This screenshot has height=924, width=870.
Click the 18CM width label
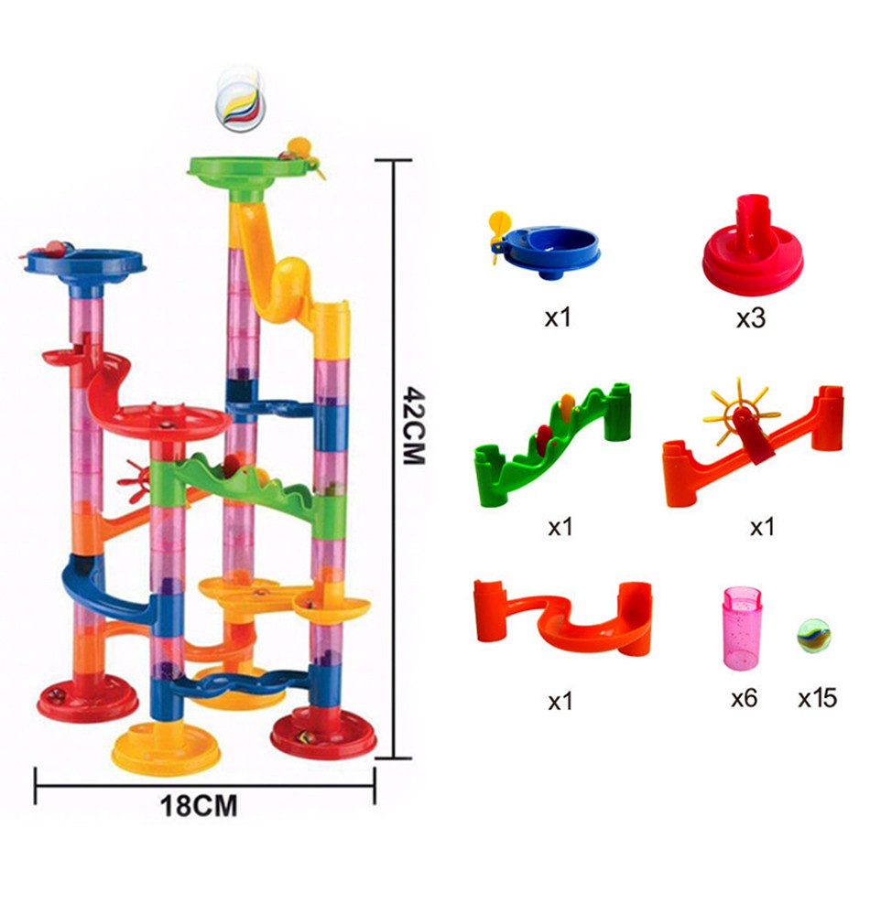pyautogui.click(x=199, y=806)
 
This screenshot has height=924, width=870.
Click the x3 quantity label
pyautogui.click(x=751, y=318)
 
